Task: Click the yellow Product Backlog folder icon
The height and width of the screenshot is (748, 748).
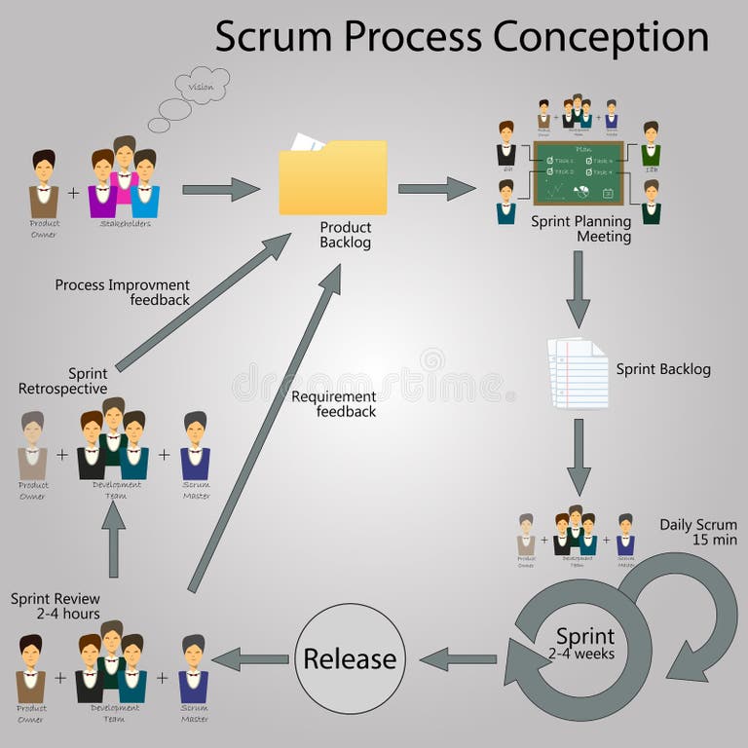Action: click(x=333, y=177)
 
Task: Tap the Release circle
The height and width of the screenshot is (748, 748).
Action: click(x=350, y=659)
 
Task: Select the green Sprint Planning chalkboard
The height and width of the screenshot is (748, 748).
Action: click(x=578, y=172)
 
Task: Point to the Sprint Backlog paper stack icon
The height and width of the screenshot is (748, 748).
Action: click(x=576, y=372)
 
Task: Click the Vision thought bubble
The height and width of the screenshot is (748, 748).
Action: click(x=200, y=87)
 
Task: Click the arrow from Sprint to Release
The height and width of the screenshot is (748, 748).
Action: click(x=457, y=659)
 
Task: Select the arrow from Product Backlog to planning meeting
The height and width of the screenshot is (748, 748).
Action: click(x=435, y=188)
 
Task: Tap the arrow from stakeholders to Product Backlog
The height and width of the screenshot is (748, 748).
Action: click(x=220, y=188)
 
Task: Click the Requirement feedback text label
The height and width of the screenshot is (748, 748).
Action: click(x=333, y=404)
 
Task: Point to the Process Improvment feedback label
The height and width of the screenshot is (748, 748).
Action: click(x=123, y=292)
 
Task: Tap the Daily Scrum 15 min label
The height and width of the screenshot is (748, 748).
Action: click(x=697, y=532)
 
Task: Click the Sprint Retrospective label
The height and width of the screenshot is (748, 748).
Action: click(x=63, y=381)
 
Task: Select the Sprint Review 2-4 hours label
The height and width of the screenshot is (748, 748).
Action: click(x=56, y=607)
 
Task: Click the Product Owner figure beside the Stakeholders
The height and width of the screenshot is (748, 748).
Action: click(x=44, y=185)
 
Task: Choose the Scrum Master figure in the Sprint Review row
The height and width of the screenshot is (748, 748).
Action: click(x=194, y=671)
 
